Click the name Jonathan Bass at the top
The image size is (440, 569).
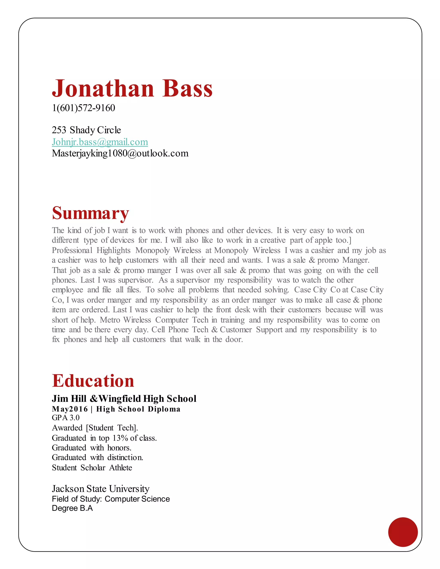(x=132, y=89)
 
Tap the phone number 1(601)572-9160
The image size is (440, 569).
(x=83, y=108)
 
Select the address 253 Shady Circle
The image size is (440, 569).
(x=86, y=130)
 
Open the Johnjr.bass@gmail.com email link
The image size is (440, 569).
(x=100, y=142)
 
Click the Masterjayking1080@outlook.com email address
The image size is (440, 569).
(x=120, y=153)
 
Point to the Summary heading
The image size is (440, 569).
(x=90, y=213)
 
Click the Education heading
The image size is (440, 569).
(x=93, y=381)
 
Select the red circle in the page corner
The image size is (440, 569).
(x=403, y=532)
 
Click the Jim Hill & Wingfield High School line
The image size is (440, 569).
(x=124, y=398)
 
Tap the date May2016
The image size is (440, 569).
(x=70, y=409)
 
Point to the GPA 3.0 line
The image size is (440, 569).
(x=66, y=418)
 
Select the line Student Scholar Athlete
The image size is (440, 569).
(x=92, y=468)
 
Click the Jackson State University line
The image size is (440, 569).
(x=101, y=488)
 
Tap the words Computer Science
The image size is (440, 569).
(x=137, y=499)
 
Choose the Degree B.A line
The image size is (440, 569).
(x=72, y=508)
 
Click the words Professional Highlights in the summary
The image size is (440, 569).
(x=91, y=250)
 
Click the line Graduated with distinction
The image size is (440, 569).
(x=98, y=458)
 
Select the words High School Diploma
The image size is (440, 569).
(x=138, y=409)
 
